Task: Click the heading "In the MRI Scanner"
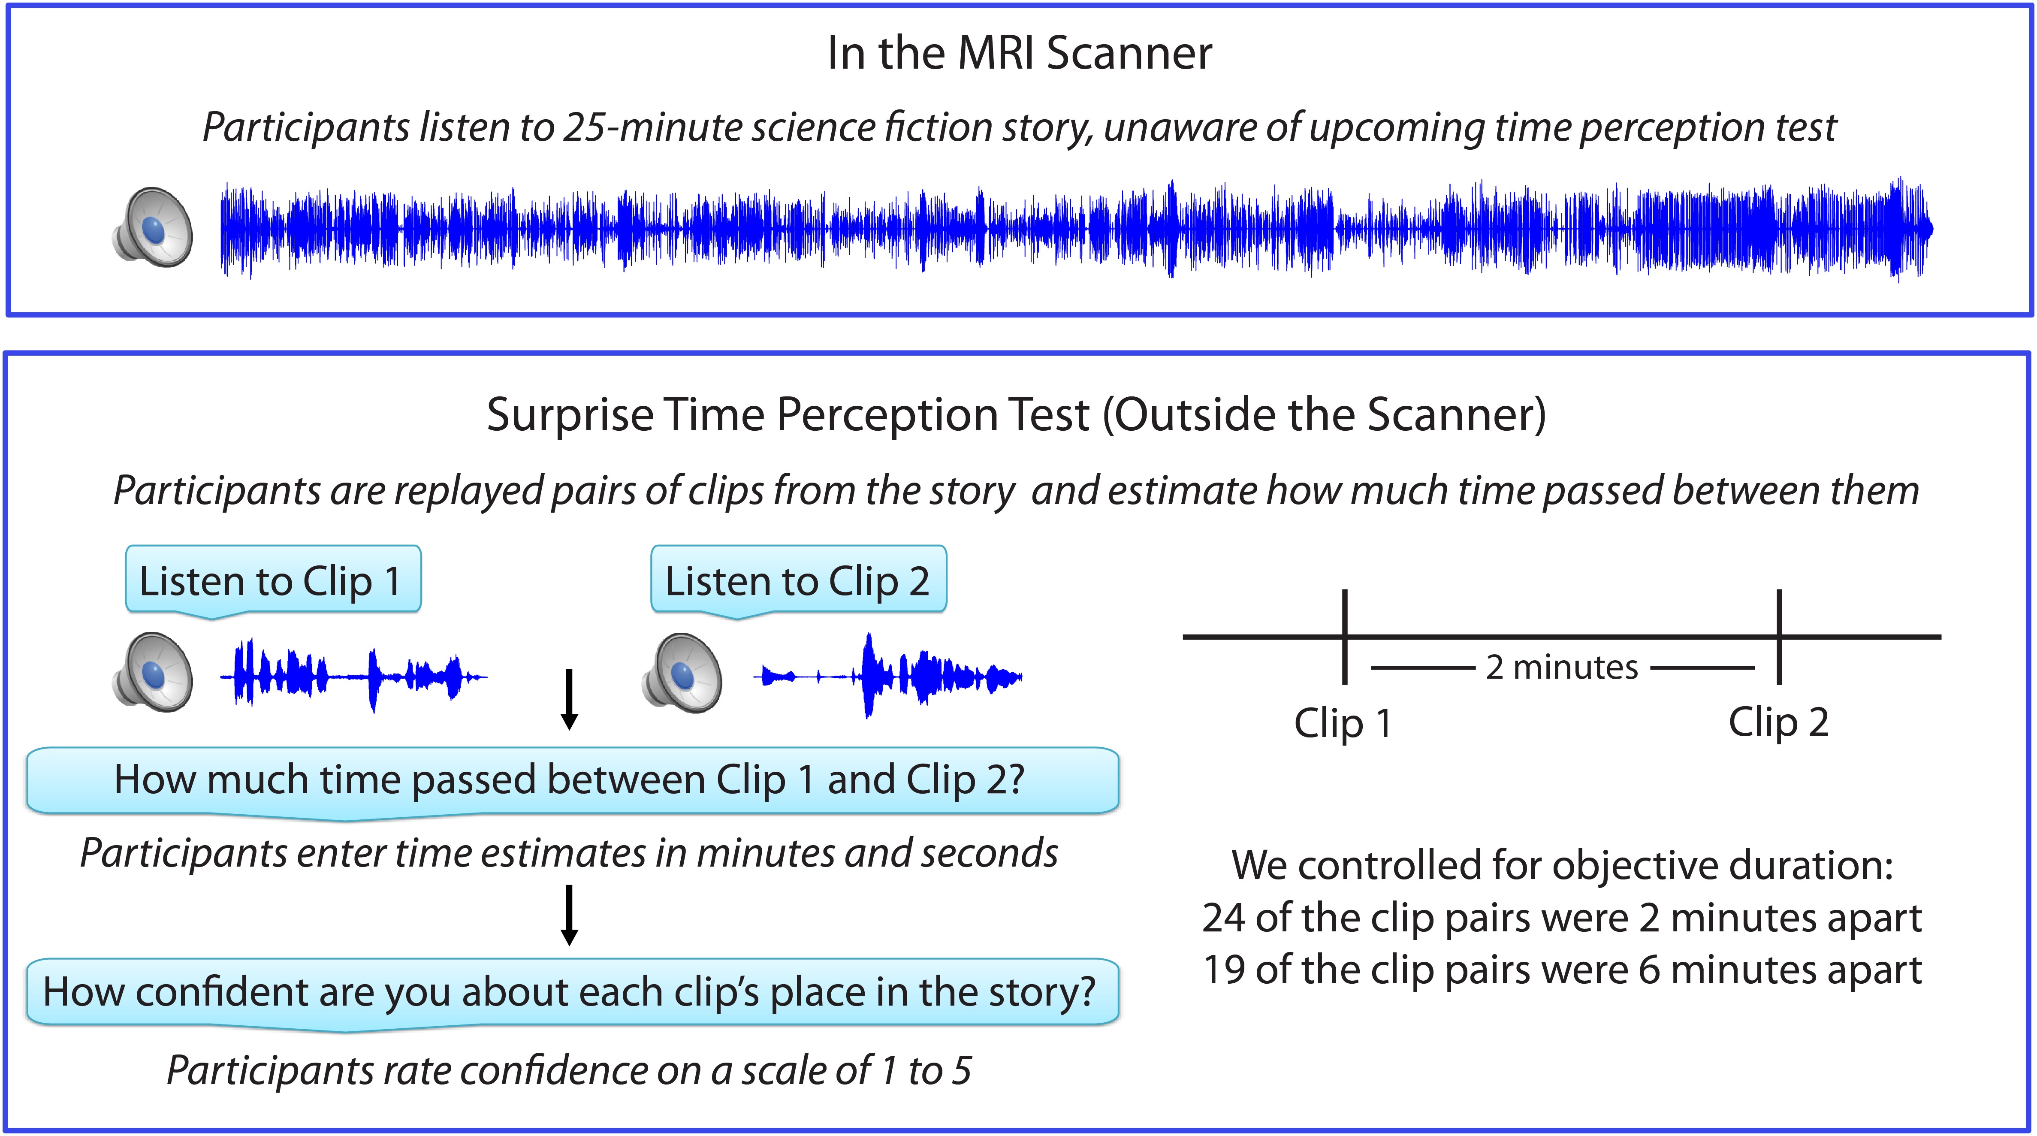1019,54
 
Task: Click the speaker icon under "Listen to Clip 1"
153,672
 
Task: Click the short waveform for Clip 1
353,677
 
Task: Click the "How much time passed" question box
573,781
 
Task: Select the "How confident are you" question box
573,993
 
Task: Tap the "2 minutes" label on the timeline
1562,667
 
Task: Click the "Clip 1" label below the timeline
1343,723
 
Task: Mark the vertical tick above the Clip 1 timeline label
1344,636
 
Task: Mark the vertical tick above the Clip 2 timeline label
1779,636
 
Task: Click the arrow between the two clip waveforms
569,699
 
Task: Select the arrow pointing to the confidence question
569,915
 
